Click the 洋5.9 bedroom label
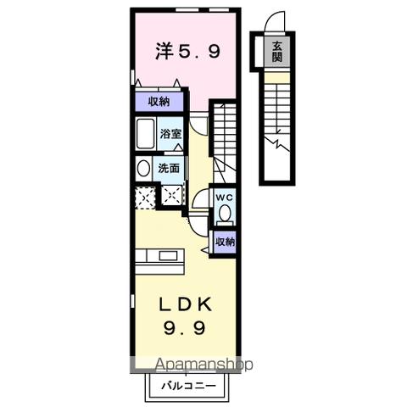tap(188, 53)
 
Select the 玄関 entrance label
tap(276, 53)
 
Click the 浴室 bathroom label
tap(171, 133)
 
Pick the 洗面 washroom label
tap(170, 168)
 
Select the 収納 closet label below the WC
tap(223, 242)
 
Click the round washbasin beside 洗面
tap(142, 168)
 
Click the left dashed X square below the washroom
tap(143, 198)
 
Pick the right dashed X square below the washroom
tap(171, 198)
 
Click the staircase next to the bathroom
tap(226, 136)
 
